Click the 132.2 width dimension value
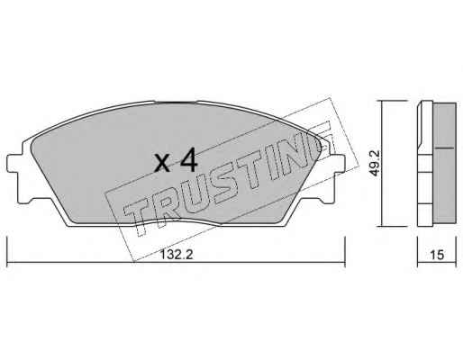click(x=177, y=255)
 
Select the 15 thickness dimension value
click(x=437, y=255)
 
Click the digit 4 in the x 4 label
click(x=189, y=161)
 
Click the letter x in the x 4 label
click(x=163, y=164)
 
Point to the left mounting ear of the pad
click(x=14, y=164)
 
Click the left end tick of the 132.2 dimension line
click(x=7, y=251)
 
